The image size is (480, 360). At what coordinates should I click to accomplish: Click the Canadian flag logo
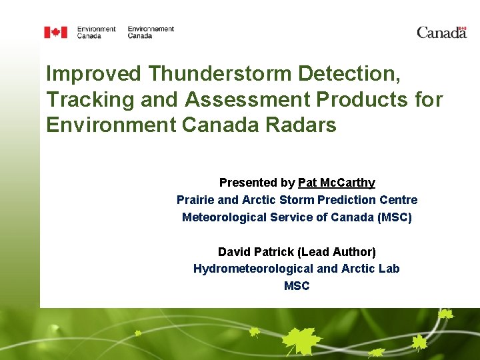point(56,32)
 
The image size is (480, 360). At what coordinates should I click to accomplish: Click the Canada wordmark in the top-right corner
point(442,33)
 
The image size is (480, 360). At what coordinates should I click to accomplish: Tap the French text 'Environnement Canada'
point(151,32)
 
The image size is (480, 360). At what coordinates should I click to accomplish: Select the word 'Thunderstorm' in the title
point(219,73)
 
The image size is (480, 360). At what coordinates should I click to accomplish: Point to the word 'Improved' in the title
point(93,74)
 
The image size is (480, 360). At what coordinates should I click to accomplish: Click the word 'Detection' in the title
point(346,73)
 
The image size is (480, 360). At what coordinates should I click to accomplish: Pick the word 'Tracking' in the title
point(90,100)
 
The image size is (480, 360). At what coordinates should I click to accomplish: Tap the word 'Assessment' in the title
point(247,99)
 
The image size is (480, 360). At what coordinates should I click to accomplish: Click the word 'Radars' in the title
point(301,125)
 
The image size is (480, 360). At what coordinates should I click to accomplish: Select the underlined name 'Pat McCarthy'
point(337,183)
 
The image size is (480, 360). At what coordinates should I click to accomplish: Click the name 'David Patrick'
point(256,252)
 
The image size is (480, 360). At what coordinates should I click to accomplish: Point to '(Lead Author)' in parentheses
point(337,252)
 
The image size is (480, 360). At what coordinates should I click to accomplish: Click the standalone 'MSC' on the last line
point(297,286)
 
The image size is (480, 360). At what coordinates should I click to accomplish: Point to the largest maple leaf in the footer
point(301,341)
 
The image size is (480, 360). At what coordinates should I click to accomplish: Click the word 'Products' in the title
point(362,99)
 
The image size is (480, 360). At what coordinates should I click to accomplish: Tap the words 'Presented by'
point(257,183)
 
